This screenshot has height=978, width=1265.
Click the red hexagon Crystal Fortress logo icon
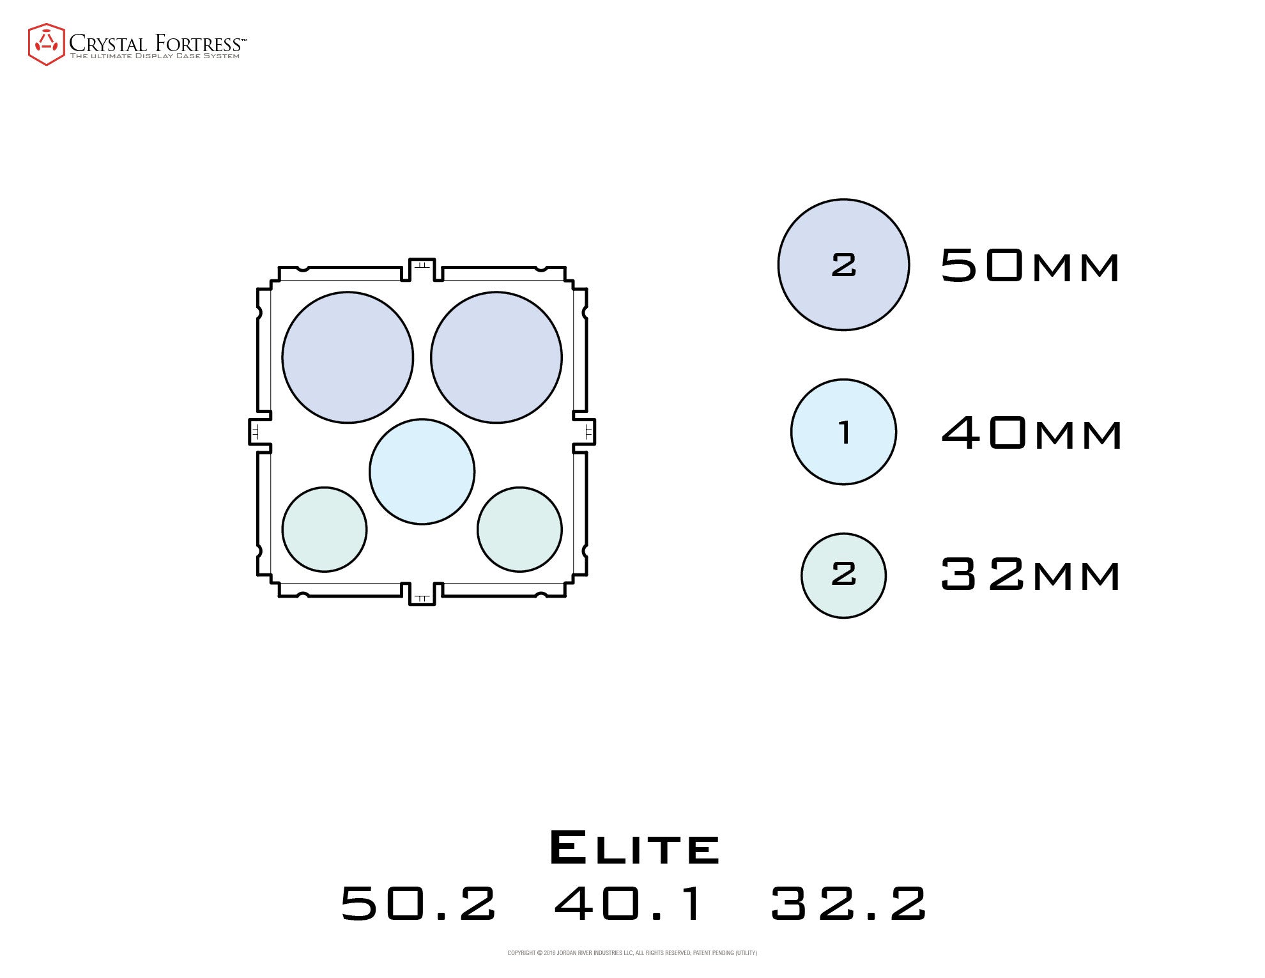(x=46, y=44)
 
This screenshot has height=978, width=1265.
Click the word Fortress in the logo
(x=198, y=43)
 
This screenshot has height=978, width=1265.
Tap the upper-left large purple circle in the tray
(x=348, y=357)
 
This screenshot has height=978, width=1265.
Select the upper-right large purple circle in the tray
(x=496, y=357)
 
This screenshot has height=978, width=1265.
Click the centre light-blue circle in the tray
(x=422, y=472)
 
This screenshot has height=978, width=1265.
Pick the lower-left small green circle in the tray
(x=325, y=529)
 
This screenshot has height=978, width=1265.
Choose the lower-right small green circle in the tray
(x=519, y=529)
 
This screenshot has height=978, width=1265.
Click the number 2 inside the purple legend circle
(x=843, y=265)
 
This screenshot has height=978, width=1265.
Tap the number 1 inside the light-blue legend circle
(x=845, y=432)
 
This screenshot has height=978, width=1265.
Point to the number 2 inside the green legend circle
(x=843, y=574)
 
